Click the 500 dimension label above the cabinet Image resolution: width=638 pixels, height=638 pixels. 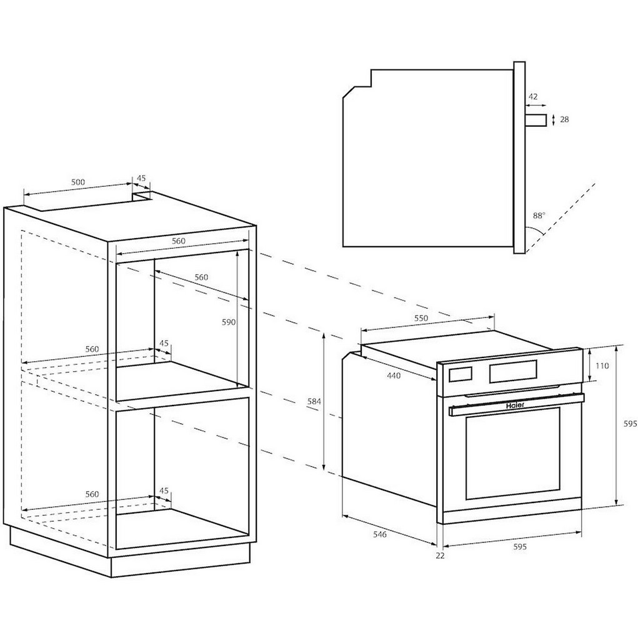pyautogui.click(x=78, y=182)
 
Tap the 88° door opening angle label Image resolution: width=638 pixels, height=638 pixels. pyautogui.click(x=539, y=216)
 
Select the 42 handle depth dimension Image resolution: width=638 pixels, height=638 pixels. pyautogui.click(x=533, y=97)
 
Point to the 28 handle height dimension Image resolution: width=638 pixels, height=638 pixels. pyautogui.click(x=564, y=119)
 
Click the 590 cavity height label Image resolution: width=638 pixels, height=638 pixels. pyautogui.click(x=229, y=322)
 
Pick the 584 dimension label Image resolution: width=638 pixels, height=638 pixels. pyautogui.click(x=314, y=402)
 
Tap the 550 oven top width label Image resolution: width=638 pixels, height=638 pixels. pyautogui.click(x=421, y=318)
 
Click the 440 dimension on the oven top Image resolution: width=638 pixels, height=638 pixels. pyautogui.click(x=394, y=376)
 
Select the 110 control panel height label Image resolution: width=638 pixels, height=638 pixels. pyautogui.click(x=602, y=366)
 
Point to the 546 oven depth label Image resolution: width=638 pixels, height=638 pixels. pyautogui.click(x=380, y=534)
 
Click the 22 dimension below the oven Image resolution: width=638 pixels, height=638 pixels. pyautogui.click(x=441, y=556)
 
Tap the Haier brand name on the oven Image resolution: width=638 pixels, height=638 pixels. pyautogui.click(x=516, y=406)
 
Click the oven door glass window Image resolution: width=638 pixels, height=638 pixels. pyautogui.click(x=513, y=453)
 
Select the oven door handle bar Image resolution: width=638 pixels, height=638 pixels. pyautogui.click(x=517, y=405)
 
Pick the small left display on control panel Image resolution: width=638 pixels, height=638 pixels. pyautogui.click(x=461, y=374)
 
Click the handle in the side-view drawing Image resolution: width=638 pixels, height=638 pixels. pyautogui.click(x=536, y=121)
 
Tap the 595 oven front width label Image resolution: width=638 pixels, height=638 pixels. pyautogui.click(x=520, y=547)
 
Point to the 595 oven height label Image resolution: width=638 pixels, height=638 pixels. pyautogui.click(x=631, y=424)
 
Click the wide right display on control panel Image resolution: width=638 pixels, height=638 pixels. pyautogui.click(x=514, y=372)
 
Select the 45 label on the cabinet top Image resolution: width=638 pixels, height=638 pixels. pyautogui.click(x=141, y=178)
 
